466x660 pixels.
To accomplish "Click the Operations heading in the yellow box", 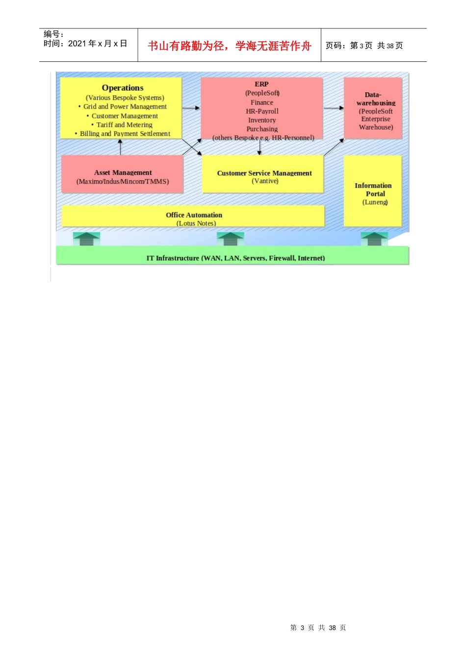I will pyautogui.click(x=123, y=88).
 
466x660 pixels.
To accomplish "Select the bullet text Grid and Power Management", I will pyautogui.click(x=125, y=107).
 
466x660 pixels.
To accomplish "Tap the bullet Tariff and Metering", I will pyautogui.click(x=124, y=125).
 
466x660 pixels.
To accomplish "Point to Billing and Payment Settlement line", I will pyautogui.click(x=125, y=134).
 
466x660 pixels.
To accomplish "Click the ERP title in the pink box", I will pyautogui.click(x=261, y=84).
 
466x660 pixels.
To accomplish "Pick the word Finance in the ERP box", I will pyautogui.click(x=262, y=103).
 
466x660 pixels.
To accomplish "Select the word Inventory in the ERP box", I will pyautogui.click(x=262, y=120).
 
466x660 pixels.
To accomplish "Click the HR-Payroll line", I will pyautogui.click(x=262, y=111).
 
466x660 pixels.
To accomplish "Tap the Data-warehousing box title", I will pyautogui.click(x=375, y=99).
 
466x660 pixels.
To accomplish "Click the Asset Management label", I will pyautogui.click(x=123, y=173).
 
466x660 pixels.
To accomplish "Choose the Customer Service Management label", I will pyautogui.click(x=264, y=173).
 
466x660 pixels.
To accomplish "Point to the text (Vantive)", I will pyautogui.click(x=265, y=181).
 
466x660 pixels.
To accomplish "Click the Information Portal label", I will pyautogui.click(x=373, y=190).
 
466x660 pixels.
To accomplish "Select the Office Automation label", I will pyautogui.click(x=194, y=215).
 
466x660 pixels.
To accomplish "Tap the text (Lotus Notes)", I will pyautogui.click(x=196, y=223).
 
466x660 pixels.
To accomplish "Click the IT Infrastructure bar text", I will pyautogui.click(x=235, y=258).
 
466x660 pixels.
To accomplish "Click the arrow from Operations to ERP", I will pyautogui.click(x=191, y=108).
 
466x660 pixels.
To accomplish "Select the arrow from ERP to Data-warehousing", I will pyautogui.click(x=334, y=108).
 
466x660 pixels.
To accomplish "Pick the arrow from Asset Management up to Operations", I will pyautogui.click(x=120, y=147).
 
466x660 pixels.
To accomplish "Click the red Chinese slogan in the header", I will pyautogui.click(x=230, y=46).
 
